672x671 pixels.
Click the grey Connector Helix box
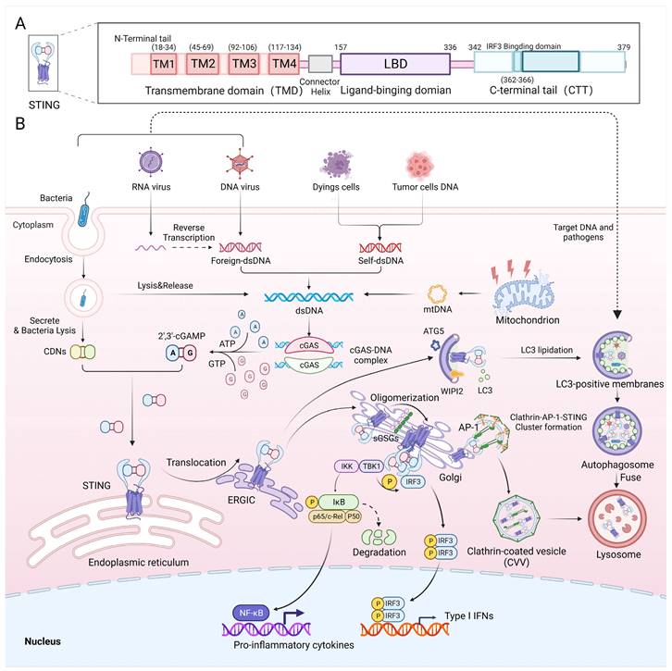point(320,64)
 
